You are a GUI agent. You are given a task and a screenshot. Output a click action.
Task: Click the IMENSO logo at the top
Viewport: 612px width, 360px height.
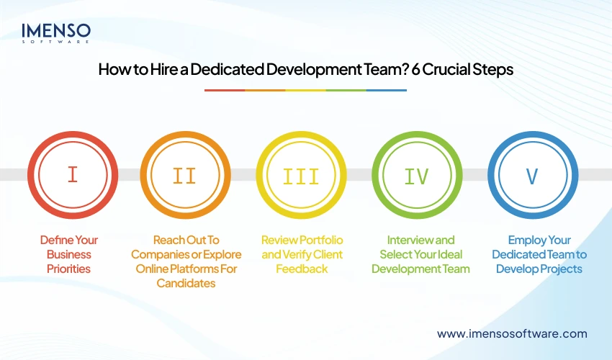[x=56, y=32]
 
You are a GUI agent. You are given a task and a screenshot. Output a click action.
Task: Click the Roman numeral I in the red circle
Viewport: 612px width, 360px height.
[x=72, y=175]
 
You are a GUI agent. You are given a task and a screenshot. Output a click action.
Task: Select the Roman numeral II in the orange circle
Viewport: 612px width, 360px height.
[x=185, y=175]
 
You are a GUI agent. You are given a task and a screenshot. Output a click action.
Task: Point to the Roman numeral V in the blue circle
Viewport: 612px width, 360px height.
[x=532, y=175]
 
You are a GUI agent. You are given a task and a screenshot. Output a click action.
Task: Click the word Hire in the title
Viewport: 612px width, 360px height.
[x=158, y=71]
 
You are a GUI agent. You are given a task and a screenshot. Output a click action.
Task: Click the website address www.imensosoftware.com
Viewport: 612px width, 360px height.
[x=512, y=333]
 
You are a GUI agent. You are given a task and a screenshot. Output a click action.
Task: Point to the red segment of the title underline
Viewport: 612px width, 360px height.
[x=225, y=90]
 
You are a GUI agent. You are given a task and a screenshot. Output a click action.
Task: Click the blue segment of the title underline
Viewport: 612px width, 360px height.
[x=387, y=90]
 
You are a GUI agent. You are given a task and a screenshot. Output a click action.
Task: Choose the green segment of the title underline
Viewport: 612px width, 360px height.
[x=346, y=90]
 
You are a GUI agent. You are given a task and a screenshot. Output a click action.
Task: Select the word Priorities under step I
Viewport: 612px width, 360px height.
[x=70, y=269]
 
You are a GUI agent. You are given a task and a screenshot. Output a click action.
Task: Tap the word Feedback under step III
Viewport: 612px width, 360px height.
[x=302, y=269]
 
